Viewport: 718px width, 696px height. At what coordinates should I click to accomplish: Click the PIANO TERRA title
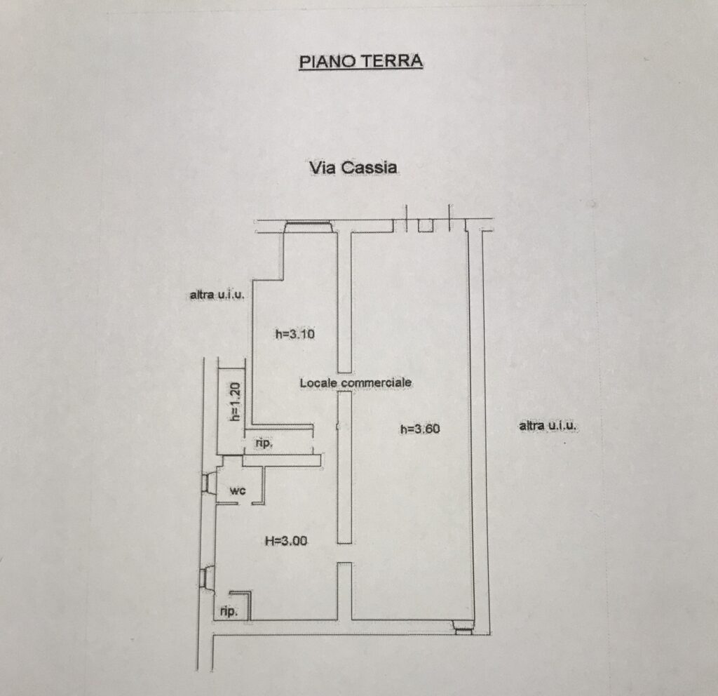pos(361,62)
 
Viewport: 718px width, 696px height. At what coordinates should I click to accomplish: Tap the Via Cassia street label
pos(353,167)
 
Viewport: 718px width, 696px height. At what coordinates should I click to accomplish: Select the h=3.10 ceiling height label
pos(295,333)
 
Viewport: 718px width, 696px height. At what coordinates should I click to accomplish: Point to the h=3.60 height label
pos(420,429)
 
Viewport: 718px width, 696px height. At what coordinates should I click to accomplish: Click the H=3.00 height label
pos(286,541)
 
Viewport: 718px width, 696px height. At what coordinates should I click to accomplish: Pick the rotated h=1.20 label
pos(235,402)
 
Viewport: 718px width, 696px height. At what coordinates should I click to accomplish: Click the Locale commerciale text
pos(355,382)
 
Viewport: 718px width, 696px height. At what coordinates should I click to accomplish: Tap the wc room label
pos(238,490)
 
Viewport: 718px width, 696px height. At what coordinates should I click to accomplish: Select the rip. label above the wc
pos(264,443)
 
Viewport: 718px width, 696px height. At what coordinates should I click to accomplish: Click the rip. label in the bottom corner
pos(229,611)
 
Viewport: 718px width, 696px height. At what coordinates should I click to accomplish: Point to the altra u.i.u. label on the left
pos(217,295)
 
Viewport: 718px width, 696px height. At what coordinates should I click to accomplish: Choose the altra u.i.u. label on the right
pos(548,426)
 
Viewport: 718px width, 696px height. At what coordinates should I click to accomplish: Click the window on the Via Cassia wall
pos(308,227)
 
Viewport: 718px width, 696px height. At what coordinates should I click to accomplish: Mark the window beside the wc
pos(209,483)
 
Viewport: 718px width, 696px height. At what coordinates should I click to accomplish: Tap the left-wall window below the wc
pos(208,578)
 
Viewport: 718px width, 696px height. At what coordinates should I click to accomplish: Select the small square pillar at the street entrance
pos(426,225)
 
